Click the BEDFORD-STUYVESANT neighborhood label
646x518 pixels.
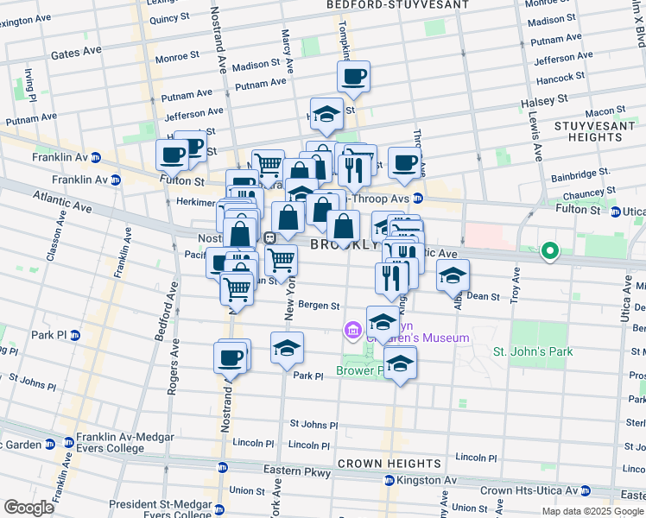click(x=397, y=5)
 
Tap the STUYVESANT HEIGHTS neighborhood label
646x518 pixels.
click(x=590, y=131)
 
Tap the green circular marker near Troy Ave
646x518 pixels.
click(x=549, y=252)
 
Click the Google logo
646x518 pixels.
click(x=28, y=508)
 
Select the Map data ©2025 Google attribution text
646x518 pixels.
click(x=592, y=511)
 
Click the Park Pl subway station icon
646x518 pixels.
click(x=75, y=335)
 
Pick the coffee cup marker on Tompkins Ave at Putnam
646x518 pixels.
click(x=353, y=77)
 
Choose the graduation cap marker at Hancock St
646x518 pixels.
click(x=326, y=114)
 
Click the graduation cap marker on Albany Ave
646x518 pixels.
click(x=453, y=276)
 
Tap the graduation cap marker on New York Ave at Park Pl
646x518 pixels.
click(x=287, y=348)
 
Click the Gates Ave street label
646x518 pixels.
click(x=76, y=54)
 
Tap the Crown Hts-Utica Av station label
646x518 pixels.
click(x=527, y=490)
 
